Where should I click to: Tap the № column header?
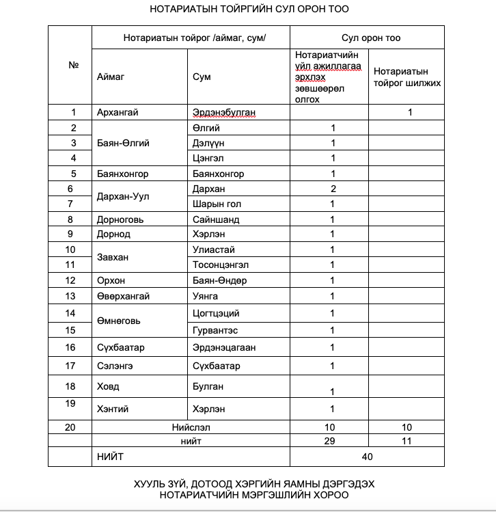(x=73, y=66)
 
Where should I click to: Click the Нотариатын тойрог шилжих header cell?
(x=407, y=77)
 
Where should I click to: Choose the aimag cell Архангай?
(x=118, y=113)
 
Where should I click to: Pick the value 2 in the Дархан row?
(x=333, y=189)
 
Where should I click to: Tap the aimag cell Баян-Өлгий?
(x=123, y=143)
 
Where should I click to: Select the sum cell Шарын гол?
(x=217, y=204)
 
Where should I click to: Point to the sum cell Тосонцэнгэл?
(x=221, y=265)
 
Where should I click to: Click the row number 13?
(x=71, y=296)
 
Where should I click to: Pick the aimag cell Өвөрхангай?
(x=123, y=296)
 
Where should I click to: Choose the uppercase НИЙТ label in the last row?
(x=111, y=455)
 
